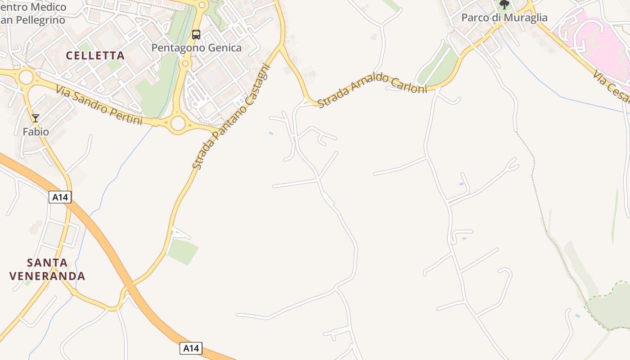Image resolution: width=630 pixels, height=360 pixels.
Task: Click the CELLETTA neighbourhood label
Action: (x=95, y=55)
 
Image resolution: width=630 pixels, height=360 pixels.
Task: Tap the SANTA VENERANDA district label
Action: (x=47, y=269)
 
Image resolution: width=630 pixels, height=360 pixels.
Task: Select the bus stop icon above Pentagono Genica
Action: (x=196, y=35)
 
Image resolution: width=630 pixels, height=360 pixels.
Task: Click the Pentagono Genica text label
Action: (x=196, y=48)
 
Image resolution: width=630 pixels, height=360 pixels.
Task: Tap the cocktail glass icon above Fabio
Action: (x=36, y=118)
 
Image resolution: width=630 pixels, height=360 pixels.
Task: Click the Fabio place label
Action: (x=36, y=132)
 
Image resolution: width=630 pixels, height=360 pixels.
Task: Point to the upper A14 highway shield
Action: (x=60, y=197)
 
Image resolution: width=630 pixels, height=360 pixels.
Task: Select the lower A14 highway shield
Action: (x=191, y=348)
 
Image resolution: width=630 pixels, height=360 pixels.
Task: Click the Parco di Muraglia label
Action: (x=504, y=18)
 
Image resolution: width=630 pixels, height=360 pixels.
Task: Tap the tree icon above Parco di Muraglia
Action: (x=504, y=4)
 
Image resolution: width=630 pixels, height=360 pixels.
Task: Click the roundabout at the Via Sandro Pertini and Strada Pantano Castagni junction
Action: (x=178, y=123)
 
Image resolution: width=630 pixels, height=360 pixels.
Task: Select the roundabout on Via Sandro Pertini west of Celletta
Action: (x=26, y=77)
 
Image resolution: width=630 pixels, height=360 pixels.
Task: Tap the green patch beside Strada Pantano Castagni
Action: (x=183, y=251)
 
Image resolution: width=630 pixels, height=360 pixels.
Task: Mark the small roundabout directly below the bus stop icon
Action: (x=185, y=64)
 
